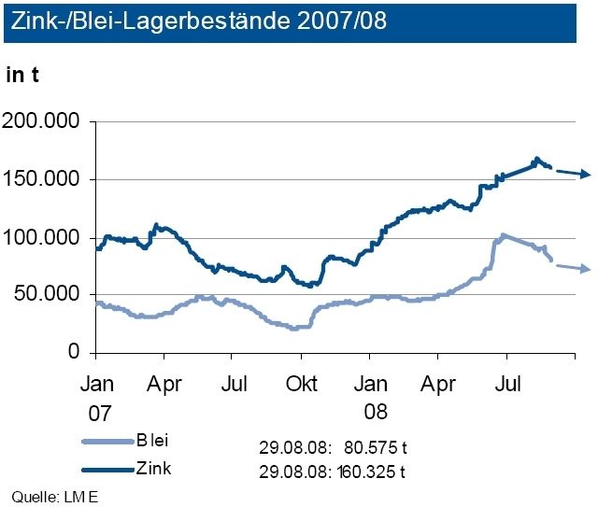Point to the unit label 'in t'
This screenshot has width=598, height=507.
(22, 76)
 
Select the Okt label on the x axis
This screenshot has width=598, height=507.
(302, 383)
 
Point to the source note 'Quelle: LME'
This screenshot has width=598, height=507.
(54, 495)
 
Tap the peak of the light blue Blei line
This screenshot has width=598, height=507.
(504, 235)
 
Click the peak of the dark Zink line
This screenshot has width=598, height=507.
(537, 160)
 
